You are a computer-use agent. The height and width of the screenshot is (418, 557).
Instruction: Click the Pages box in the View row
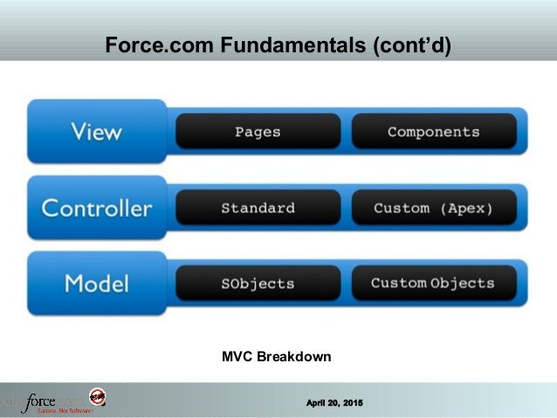coord(258,132)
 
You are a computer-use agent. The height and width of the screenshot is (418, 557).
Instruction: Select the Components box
coord(433,132)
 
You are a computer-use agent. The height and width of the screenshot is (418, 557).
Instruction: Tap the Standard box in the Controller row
coord(258,209)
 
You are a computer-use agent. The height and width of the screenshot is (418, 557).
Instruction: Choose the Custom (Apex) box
coord(433,209)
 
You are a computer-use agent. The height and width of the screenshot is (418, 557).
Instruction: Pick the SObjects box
coord(258,284)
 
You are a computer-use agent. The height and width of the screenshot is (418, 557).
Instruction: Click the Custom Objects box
coord(433,284)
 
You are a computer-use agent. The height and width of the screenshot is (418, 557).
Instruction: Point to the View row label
coord(96,133)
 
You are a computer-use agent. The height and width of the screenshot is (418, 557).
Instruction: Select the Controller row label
coord(96,209)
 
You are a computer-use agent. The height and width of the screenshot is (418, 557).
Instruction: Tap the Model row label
coord(96,284)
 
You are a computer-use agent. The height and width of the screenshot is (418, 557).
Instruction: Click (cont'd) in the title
coord(413,45)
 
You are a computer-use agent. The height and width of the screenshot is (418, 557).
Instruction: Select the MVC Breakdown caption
coord(277,357)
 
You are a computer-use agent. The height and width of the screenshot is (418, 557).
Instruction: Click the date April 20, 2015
coord(334,401)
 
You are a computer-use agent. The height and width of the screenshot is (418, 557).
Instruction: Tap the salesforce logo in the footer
coord(44,402)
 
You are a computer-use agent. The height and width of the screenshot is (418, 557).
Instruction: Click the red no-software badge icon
coord(98,397)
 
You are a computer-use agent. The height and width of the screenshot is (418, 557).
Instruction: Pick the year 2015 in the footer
coord(351,401)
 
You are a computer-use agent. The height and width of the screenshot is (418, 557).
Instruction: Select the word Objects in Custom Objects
coord(463,284)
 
